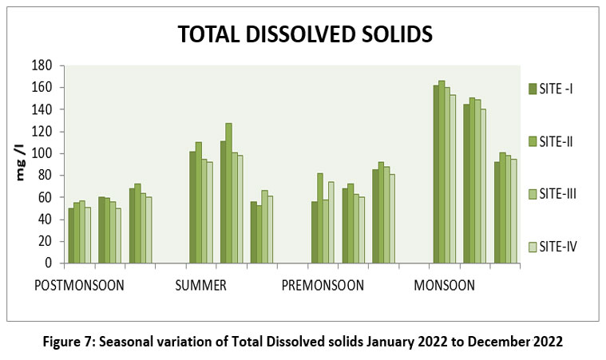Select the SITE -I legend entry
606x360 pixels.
557,88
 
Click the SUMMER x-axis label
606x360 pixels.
200,285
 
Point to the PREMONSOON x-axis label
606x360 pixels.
323,285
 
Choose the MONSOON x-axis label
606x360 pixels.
444,285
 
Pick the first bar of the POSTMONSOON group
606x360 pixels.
71,235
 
